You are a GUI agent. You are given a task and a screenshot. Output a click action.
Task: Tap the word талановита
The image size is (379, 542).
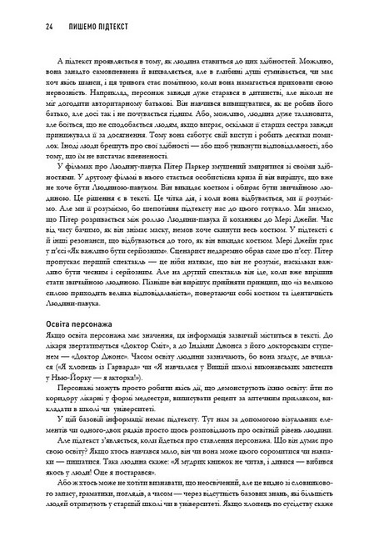tap(308, 136)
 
